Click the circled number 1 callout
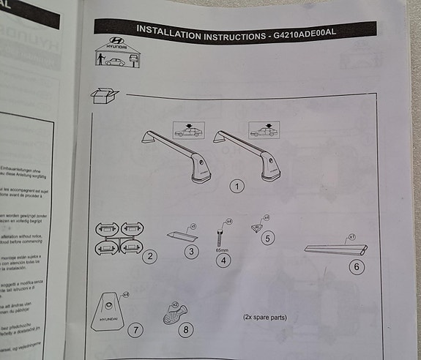point(236,186)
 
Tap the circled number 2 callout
point(150,255)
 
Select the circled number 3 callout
point(191,252)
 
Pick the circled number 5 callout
point(267,237)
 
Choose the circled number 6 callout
point(357,266)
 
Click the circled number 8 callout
point(186,329)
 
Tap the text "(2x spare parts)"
point(264,318)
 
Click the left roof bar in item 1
point(174,154)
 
